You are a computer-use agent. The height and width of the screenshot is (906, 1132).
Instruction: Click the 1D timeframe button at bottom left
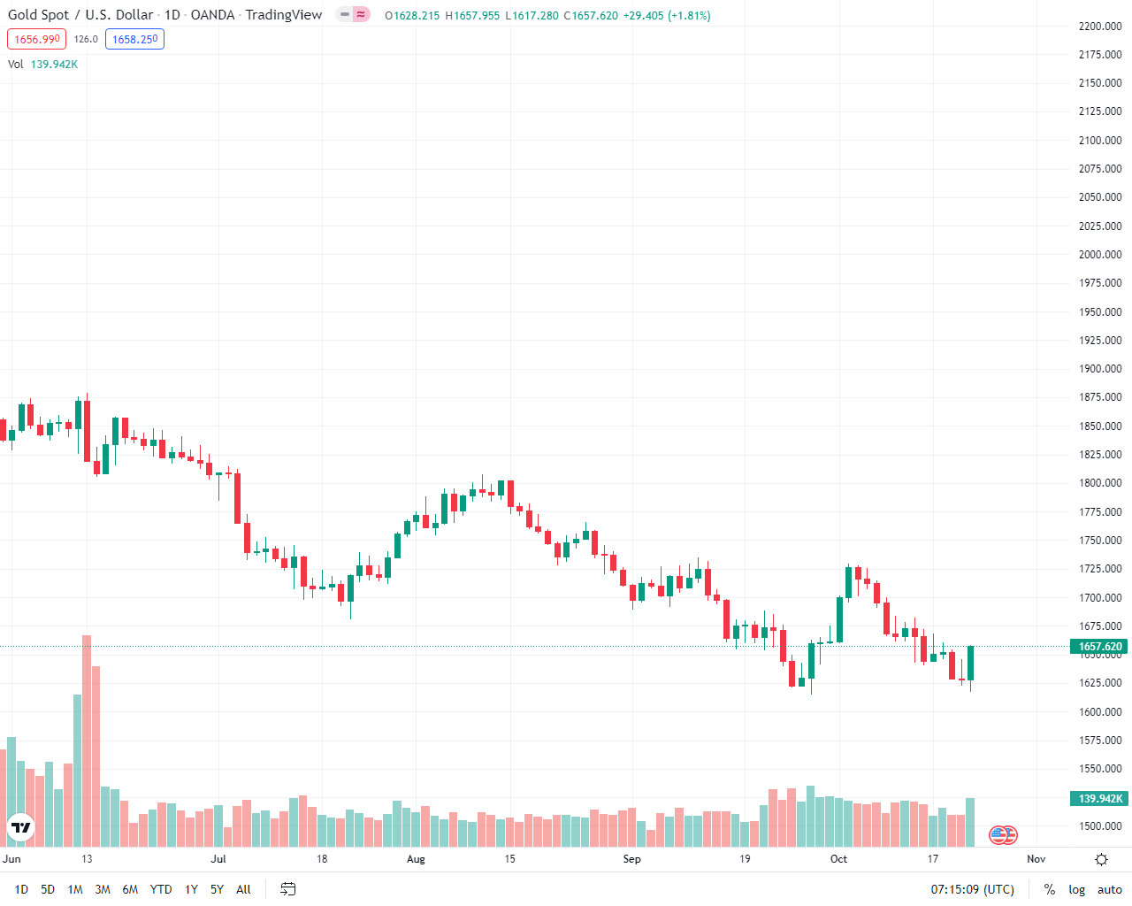pos(21,889)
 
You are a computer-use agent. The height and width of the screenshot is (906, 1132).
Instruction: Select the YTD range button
pos(161,889)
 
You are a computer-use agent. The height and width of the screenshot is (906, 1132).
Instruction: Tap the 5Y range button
pos(217,889)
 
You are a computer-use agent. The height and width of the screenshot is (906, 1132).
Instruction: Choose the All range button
pos(243,889)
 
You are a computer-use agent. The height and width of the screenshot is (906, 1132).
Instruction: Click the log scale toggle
pos(1076,889)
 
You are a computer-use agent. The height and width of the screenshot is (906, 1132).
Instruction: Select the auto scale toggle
pos(1109,889)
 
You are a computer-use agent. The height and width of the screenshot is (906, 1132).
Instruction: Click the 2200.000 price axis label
pos(1100,27)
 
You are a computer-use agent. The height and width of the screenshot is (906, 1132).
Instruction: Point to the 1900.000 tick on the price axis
pos(1100,369)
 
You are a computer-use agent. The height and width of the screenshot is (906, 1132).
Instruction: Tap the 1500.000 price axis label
pos(1100,826)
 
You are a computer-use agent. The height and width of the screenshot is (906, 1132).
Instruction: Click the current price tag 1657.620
pos(1100,647)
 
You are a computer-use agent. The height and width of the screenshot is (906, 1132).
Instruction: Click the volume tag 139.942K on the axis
pos(1100,799)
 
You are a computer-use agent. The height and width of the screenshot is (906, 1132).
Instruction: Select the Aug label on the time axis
pos(416,859)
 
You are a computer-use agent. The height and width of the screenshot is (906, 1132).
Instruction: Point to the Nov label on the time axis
pos(1036,859)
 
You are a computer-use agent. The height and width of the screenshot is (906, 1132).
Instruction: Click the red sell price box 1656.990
pos(36,39)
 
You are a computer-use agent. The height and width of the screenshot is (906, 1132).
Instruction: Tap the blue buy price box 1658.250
pos(134,39)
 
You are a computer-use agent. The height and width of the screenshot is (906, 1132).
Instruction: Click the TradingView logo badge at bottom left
pos(20,828)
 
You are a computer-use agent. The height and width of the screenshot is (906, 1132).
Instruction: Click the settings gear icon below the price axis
pos(1101,859)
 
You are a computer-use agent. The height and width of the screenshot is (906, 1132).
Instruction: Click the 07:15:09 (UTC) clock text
pos(972,889)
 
